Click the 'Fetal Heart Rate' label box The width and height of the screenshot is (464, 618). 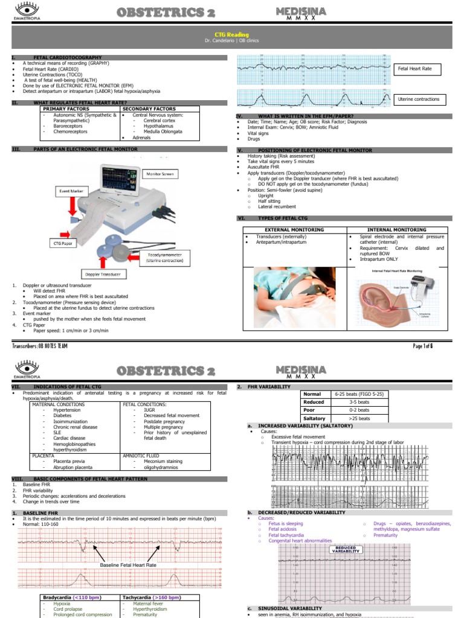point(414,69)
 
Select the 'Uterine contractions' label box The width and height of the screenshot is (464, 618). point(419,99)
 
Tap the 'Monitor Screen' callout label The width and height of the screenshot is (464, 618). point(159,174)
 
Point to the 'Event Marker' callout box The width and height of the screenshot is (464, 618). point(71,191)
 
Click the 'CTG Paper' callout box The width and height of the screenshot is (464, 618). point(62,243)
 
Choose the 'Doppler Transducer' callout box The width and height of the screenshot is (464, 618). point(102,275)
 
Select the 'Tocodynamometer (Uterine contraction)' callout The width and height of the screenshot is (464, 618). point(164,258)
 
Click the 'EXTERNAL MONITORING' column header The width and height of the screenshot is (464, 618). point(294,230)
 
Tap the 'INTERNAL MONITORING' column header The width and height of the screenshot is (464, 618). point(396,230)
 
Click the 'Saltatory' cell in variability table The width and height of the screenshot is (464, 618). point(314,418)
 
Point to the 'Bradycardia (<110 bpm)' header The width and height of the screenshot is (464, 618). point(72,597)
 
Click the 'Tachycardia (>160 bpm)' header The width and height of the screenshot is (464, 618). point(151,597)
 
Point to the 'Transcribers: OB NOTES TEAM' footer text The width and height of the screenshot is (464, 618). point(40,346)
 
